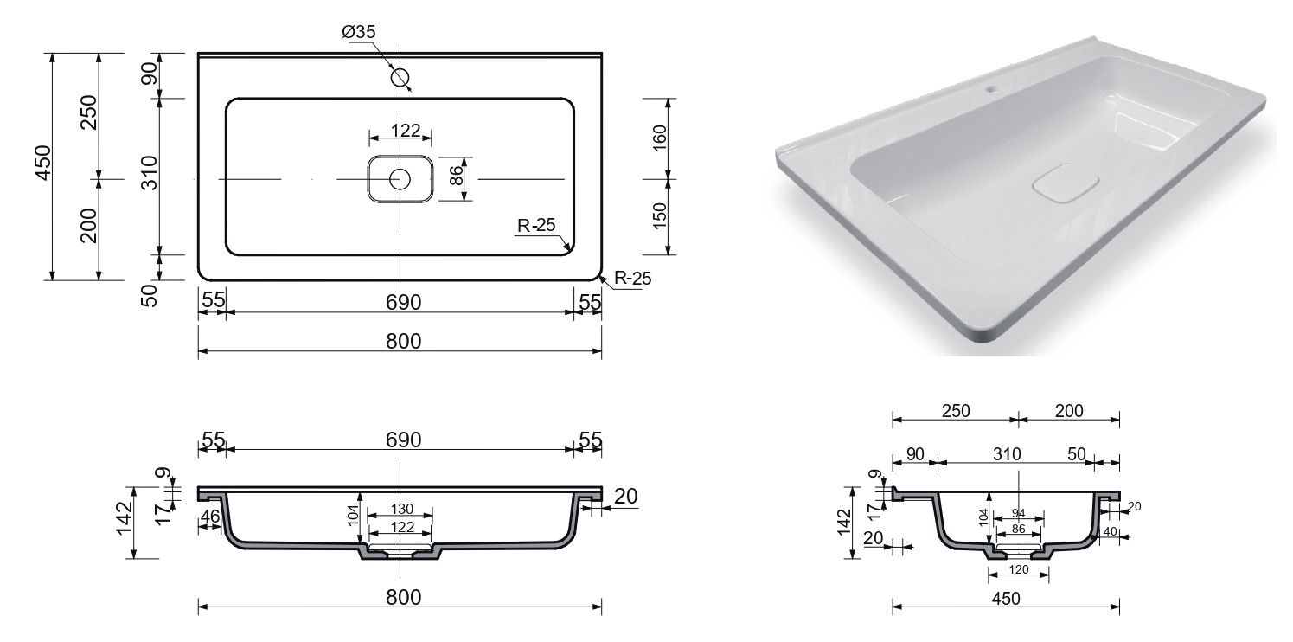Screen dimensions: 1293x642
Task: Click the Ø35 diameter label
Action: [358, 32]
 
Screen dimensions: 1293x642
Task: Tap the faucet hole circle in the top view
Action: [400, 77]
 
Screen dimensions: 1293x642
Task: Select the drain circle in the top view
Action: [400, 180]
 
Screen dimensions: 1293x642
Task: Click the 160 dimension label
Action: [659, 138]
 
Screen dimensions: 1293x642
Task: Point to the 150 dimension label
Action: [659, 216]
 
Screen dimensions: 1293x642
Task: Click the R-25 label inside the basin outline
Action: [536, 225]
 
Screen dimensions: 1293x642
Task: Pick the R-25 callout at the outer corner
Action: [632, 279]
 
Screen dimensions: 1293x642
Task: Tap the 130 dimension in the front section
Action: [402, 509]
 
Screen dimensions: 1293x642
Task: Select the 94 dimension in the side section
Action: [1018, 513]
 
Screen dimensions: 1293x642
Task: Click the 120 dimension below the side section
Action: [1018, 570]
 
